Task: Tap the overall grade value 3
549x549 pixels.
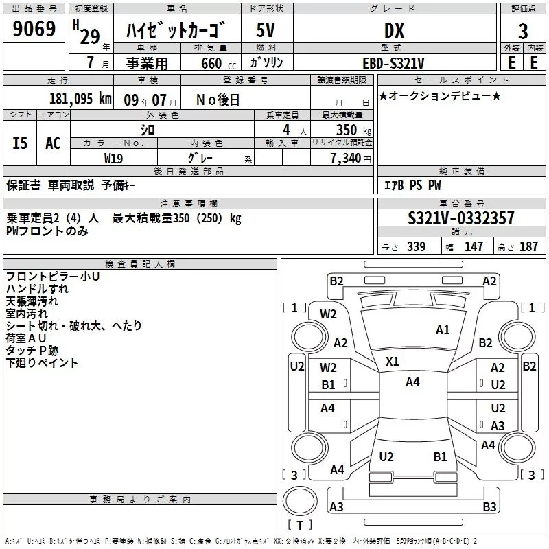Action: (523, 31)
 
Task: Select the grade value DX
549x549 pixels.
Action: (393, 30)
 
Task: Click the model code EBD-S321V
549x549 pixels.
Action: (393, 63)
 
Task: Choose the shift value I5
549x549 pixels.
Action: (20, 143)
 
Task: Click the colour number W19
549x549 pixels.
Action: (114, 158)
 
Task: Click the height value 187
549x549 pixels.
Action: (529, 247)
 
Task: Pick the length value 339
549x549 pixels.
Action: (416, 247)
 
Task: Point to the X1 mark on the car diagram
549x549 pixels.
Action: (393, 361)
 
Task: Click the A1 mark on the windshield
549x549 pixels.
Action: (443, 330)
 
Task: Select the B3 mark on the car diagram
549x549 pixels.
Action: (489, 507)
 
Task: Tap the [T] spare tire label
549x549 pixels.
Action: (299, 526)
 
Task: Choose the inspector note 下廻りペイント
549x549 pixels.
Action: (42, 363)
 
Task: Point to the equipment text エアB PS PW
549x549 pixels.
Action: (412, 185)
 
